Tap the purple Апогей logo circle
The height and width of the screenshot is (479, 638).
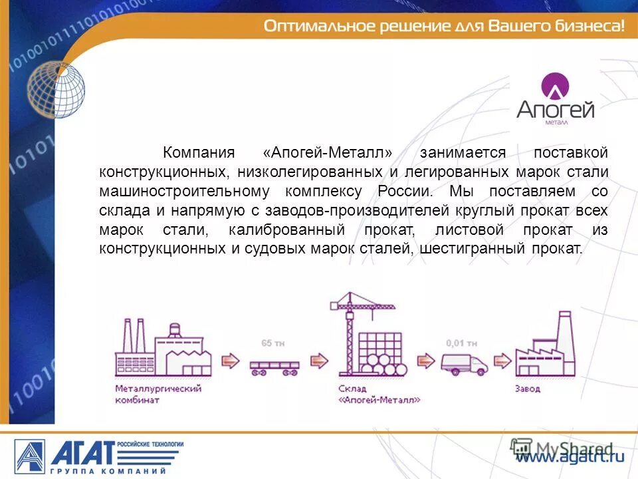click(555, 86)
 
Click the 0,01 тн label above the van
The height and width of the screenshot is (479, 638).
click(461, 343)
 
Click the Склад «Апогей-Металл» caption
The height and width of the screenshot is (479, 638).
click(370, 395)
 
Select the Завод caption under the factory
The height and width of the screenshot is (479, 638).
click(528, 389)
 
